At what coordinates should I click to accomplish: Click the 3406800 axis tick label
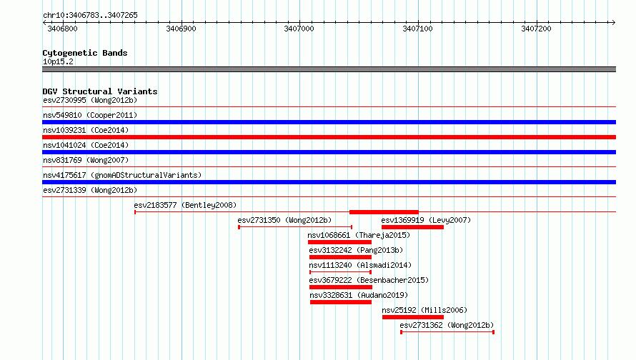tap(62, 29)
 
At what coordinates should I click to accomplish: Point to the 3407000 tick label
tap(299, 29)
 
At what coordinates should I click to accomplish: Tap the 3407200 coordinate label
tap(536, 29)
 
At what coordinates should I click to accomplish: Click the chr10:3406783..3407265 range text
tap(91, 16)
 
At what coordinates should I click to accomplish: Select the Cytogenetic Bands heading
tap(85, 53)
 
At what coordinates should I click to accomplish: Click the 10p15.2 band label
tap(58, 61)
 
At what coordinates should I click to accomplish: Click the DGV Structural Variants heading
tap(100, 91)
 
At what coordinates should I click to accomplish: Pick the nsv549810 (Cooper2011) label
tap(90, 115)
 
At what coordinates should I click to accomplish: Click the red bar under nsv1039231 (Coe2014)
tap(329, 137)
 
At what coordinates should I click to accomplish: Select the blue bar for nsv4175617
tap(329, 182)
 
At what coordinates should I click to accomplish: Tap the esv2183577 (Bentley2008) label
tap(185, 205)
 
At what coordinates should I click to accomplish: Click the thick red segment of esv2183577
tap(384, 212)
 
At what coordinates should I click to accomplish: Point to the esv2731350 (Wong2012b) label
tap(284, 220)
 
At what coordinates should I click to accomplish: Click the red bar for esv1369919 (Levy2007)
tap(412, 227)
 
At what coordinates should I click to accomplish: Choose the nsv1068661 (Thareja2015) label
tap(359, 235)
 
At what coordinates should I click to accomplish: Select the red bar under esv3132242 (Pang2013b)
tap(340, 257)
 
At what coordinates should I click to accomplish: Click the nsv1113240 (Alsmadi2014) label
tap(360, 265)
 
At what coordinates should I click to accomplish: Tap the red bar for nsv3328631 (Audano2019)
tap(341, 302)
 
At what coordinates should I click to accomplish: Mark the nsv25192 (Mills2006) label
tap(424, 310)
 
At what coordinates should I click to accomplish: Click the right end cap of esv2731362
tap(493, 332)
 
